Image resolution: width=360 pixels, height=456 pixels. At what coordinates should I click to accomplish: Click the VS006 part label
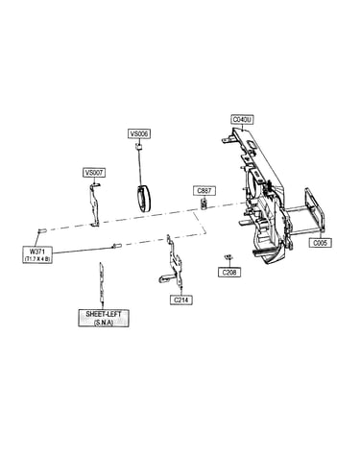pyautogui.click(x=139, y=133)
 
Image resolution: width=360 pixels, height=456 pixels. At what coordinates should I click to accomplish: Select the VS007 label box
pyautogui.click(x=94, y=173)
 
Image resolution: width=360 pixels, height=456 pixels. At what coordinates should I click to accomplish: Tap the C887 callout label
pyautogui.click(x=204, y=191)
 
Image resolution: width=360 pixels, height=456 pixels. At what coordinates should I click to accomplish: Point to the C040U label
pyautogui.click(x=242, y=120)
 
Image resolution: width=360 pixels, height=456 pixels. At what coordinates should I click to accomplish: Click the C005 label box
pyautogui.click(x=320, y=243)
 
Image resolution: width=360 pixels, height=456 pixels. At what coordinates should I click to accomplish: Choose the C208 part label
pyautogui.click(x=229, y=273)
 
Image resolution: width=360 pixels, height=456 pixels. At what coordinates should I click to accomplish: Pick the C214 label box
pyautogui.click(x=181, y=300)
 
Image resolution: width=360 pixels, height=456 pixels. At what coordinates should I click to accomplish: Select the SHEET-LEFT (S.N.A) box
pyautogui.click(x=104, y=318)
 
